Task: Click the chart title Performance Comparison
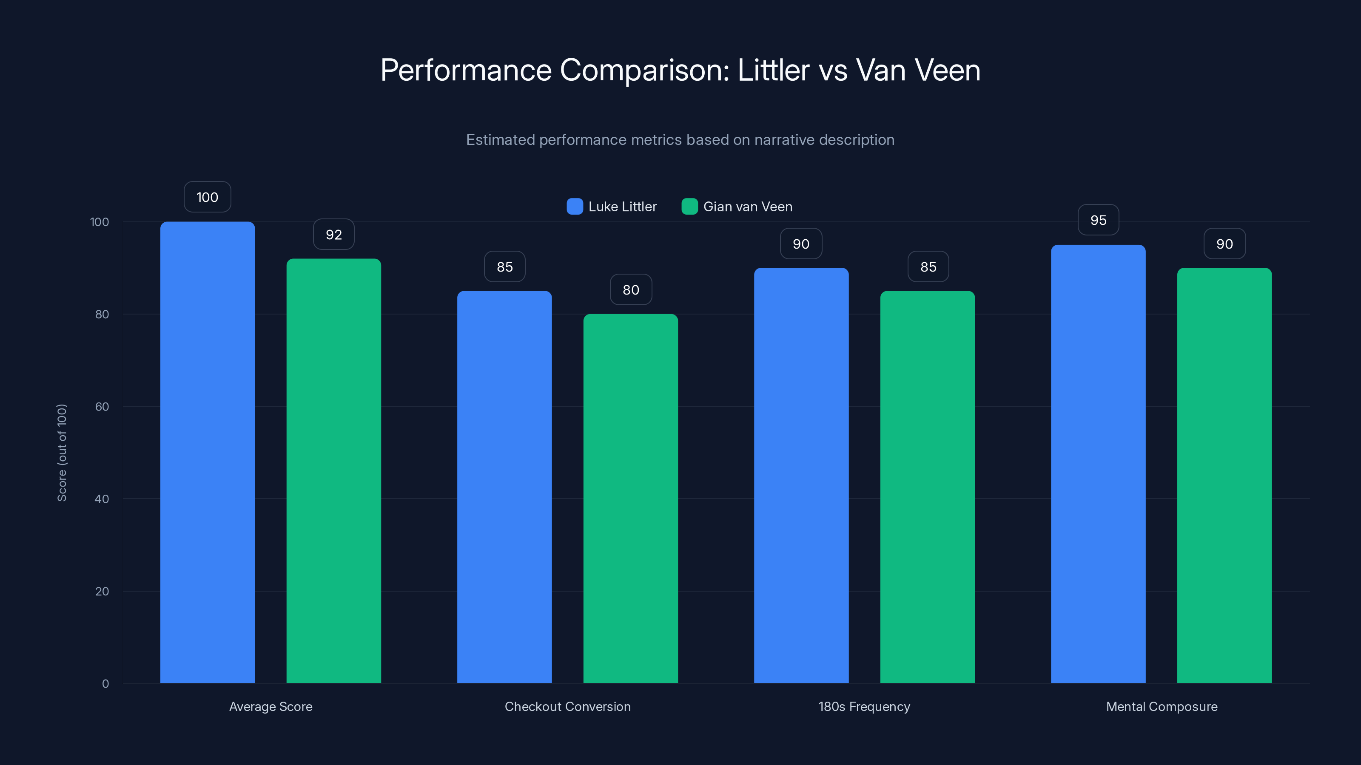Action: tap(680, 70)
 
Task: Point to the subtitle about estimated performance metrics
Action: tap(680, 140)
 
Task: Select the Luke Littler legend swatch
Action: tap(574, 207)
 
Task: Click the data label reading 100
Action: tap(207, 197)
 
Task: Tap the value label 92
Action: tap(333, 235)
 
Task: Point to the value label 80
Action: tap(631, 290)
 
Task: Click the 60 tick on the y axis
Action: tap(102, 407)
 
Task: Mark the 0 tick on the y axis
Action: tap(105, 684)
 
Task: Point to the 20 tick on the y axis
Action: tap(102, 591)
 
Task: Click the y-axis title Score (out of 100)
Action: tap(62, 453)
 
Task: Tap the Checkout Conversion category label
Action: tap(567, 706)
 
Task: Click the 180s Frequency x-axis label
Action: tap(864, 706)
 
